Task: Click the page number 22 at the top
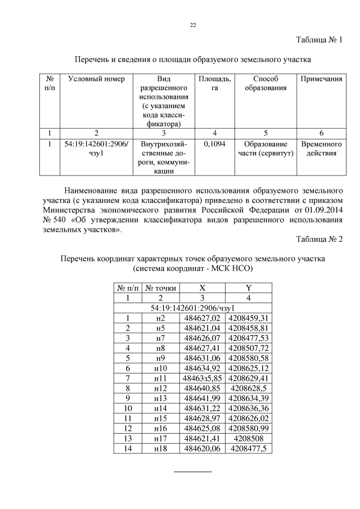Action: pos(192,25)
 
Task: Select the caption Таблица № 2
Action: pos(319,239)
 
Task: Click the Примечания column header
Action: pos(321,79)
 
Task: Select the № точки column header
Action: pos(161,288)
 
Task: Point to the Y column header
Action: pos(248,288)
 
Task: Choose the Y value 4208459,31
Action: pos(248,318)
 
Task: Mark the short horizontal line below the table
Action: pos(192,471)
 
